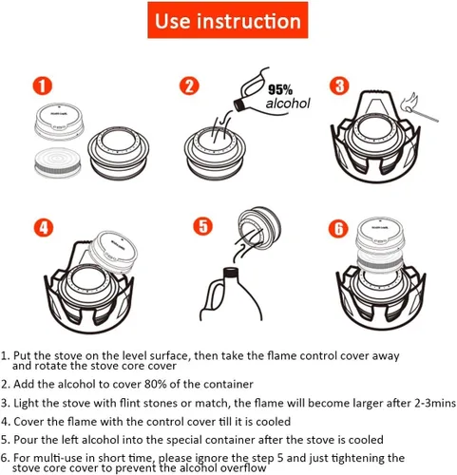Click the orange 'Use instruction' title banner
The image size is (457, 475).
[228, 20]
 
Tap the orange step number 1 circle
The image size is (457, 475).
[43, 85]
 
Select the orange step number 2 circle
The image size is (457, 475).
[189, 85]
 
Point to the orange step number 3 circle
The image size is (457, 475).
[339, 85]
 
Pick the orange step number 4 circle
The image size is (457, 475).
[44, 227]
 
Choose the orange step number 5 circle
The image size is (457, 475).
[203, 226]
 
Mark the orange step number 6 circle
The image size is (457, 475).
[338, 228]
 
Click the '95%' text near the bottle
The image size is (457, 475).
[280, 90]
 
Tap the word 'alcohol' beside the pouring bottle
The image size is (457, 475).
[288, 104]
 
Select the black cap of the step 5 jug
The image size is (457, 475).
[231, 273]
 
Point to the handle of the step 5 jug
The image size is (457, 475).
[211, 296]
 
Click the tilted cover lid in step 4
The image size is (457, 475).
[114, 252]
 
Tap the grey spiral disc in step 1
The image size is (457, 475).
[57, 162]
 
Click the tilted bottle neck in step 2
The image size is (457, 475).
[240, 104]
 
